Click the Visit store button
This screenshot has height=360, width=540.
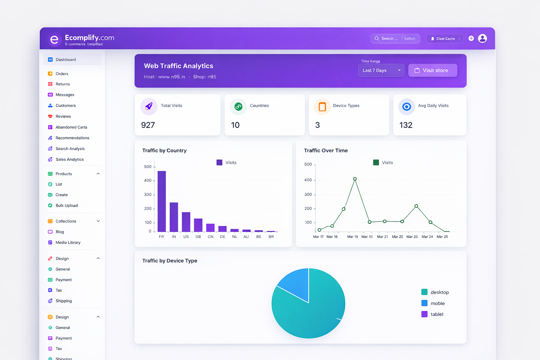coord(432,70)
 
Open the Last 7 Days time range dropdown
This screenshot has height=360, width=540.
coord(381,70)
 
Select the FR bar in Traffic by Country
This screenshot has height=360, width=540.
coord(162,201)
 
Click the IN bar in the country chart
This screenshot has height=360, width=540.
coord(174,217)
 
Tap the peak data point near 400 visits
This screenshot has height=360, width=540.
coord(355,179)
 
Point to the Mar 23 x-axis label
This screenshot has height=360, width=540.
coord(412,237)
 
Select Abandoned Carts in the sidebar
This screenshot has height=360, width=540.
coord(71,127)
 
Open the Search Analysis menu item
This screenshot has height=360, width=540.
coord(70,149)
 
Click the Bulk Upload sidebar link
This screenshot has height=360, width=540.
coord(66,206)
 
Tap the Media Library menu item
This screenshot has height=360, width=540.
coord(68,243)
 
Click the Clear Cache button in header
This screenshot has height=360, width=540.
coord(445,39)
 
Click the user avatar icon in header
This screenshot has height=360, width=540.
coord(482,38)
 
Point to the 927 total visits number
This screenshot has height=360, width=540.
coord(148,125)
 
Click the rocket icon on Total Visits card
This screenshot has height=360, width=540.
coord(149,106)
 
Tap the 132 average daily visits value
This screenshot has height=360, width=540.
coord(406,125)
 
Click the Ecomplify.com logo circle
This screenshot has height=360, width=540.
coord(54,40)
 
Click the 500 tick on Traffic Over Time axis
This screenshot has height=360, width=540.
coord(308,165)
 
